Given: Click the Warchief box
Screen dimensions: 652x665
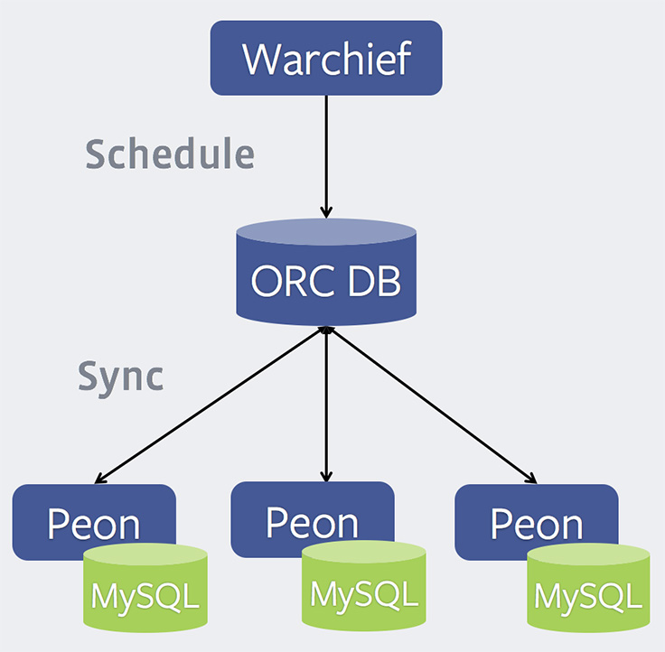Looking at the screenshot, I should click(326, 59).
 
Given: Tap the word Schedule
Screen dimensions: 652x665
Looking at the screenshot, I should click(170, 154).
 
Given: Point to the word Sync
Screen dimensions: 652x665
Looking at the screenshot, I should click(120, 377).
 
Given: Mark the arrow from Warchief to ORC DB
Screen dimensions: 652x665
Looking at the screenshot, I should click(326, 154).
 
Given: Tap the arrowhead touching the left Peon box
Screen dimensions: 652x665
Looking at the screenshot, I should click(101, 480).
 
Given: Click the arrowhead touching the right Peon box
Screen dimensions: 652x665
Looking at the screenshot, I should click(533, 478).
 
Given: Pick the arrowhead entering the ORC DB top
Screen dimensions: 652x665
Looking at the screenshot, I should click(326, 211).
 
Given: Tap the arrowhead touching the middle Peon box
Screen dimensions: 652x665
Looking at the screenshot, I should click(326, 475).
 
